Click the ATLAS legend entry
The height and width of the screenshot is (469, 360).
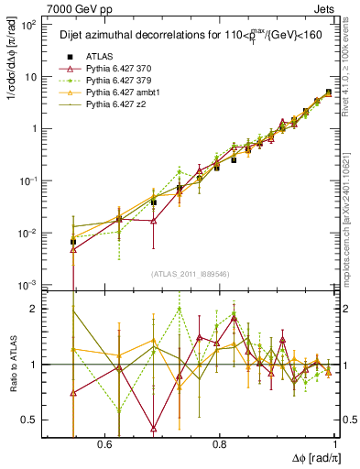click(99, 58)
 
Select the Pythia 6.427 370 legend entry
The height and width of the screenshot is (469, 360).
click(119, 70)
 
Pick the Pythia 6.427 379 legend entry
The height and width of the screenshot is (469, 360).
click(119, 82)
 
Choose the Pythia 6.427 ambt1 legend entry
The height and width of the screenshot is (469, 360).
click(122, 93)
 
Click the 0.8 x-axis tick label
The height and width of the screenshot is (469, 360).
click(219, 443)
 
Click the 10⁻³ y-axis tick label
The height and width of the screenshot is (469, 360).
click(29, 287)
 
